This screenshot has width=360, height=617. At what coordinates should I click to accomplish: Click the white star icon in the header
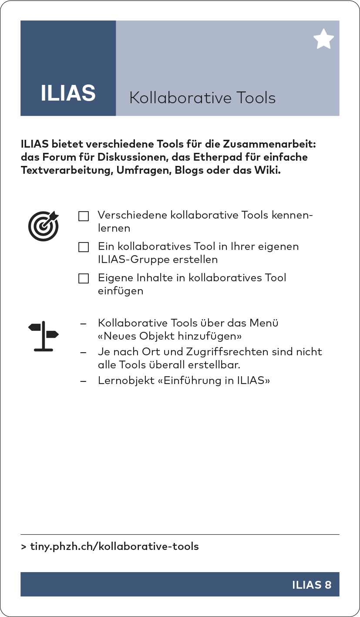[323, 40]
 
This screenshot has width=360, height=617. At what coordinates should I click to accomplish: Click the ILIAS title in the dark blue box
[68, 93]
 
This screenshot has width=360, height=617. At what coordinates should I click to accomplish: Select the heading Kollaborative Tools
[202, 98]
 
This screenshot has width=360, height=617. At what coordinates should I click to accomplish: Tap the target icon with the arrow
[44, 226]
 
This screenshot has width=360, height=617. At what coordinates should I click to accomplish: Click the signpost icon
[43, 336]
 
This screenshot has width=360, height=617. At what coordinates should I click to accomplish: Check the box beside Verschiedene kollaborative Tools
[84, 216]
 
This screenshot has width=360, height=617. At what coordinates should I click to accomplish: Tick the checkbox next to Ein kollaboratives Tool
[84, 247]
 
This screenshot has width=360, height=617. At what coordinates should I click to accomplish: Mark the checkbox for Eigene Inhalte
[84, 279]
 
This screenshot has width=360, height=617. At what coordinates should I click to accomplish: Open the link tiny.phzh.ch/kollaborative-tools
[114, 546]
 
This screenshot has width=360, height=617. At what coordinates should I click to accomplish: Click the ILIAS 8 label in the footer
[312, 585]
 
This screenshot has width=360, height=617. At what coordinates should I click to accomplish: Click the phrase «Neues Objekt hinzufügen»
[170, 337]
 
